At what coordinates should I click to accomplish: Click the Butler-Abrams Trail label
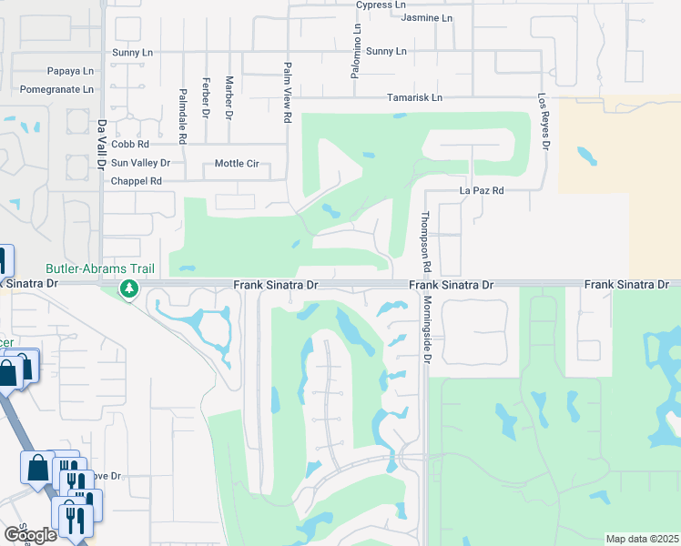pos(100,269)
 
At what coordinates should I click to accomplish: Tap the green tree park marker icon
pos(129,289)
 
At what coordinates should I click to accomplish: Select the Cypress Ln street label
pos(381,5)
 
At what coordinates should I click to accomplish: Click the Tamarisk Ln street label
pos(414,97)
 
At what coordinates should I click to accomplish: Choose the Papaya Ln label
pos(71,71)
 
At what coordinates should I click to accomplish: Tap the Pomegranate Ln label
pos(62,90)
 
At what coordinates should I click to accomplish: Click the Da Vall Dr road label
pos(101,143)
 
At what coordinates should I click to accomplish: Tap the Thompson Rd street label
pos(424,242)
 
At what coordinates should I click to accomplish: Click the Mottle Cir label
pos(237,164)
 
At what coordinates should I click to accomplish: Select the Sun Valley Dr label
pos(140,163)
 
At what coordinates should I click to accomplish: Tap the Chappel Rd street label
pos(137,181)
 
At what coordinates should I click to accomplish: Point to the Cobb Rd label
pos(130,144)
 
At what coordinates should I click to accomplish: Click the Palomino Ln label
pos(357,51)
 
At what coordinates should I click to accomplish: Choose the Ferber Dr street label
pos(207,97)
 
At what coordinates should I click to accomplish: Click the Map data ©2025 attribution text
pos(642,539)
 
